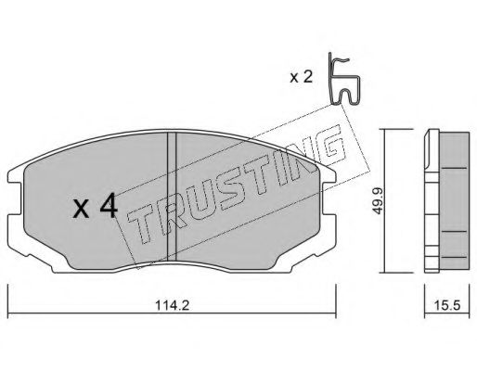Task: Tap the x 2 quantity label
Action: point(302,77)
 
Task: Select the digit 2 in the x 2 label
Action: point(309,77)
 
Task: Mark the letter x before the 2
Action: point(294,78)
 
